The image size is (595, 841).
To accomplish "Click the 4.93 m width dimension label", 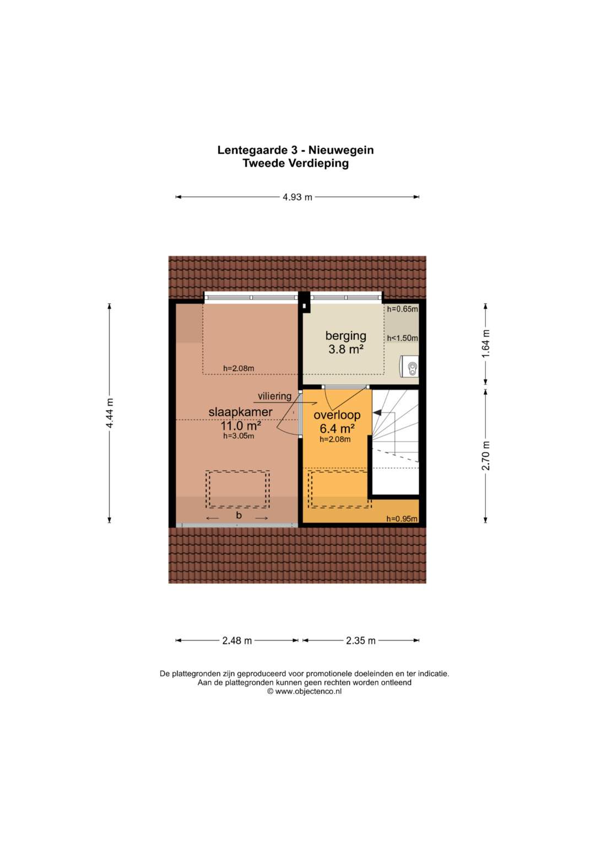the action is [297, 197].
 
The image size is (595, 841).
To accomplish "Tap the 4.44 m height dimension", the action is [109, 413].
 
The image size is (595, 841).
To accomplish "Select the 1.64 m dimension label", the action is [486, 344].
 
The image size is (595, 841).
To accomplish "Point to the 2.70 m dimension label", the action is [486, 455].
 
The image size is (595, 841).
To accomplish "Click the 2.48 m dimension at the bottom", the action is [237, 641].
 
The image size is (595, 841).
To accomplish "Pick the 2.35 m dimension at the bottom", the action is [361, 641].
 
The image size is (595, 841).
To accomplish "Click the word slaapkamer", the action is [240, 412].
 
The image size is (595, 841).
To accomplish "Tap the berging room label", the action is [345, 336].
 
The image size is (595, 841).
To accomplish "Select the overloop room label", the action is [337, 415].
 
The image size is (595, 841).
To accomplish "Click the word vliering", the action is [274, 396].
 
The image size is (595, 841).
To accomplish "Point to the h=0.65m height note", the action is [402, 310].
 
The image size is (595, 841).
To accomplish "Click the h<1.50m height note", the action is [402, 338].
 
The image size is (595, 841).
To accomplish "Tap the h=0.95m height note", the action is [402, 519].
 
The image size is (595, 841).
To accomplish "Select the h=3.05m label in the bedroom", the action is [239, 436].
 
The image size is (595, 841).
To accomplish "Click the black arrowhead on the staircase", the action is [377, 413].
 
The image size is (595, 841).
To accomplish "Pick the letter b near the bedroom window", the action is [239, 516].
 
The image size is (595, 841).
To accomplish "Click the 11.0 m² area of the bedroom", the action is [240, 426].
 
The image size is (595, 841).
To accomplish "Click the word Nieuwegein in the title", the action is [341, 150].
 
